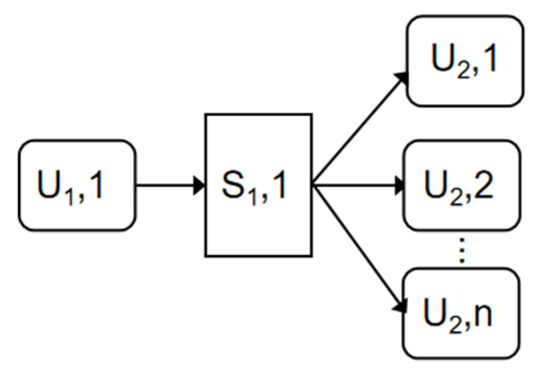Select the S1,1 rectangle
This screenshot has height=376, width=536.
pyautogui.click(x=258, y=185)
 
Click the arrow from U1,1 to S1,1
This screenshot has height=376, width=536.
pyautogui.click(x=168, y=186)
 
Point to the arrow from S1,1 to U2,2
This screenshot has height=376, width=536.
pyautogui.click(x=358, y=186)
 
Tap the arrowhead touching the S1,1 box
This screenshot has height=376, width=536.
pyautogui.click(x=199, y=186)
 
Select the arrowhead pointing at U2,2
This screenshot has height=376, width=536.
pyautogui.click(x=401, y=186)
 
